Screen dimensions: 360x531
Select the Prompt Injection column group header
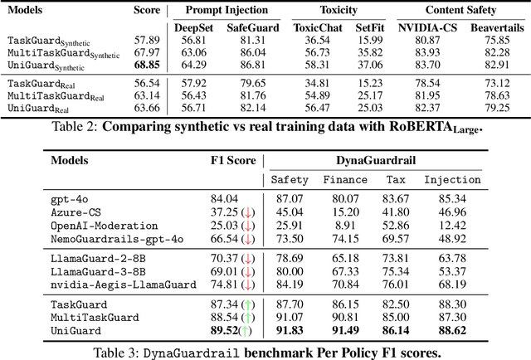tap(222, 10)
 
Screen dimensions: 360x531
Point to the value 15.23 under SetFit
tap(369, 83)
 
